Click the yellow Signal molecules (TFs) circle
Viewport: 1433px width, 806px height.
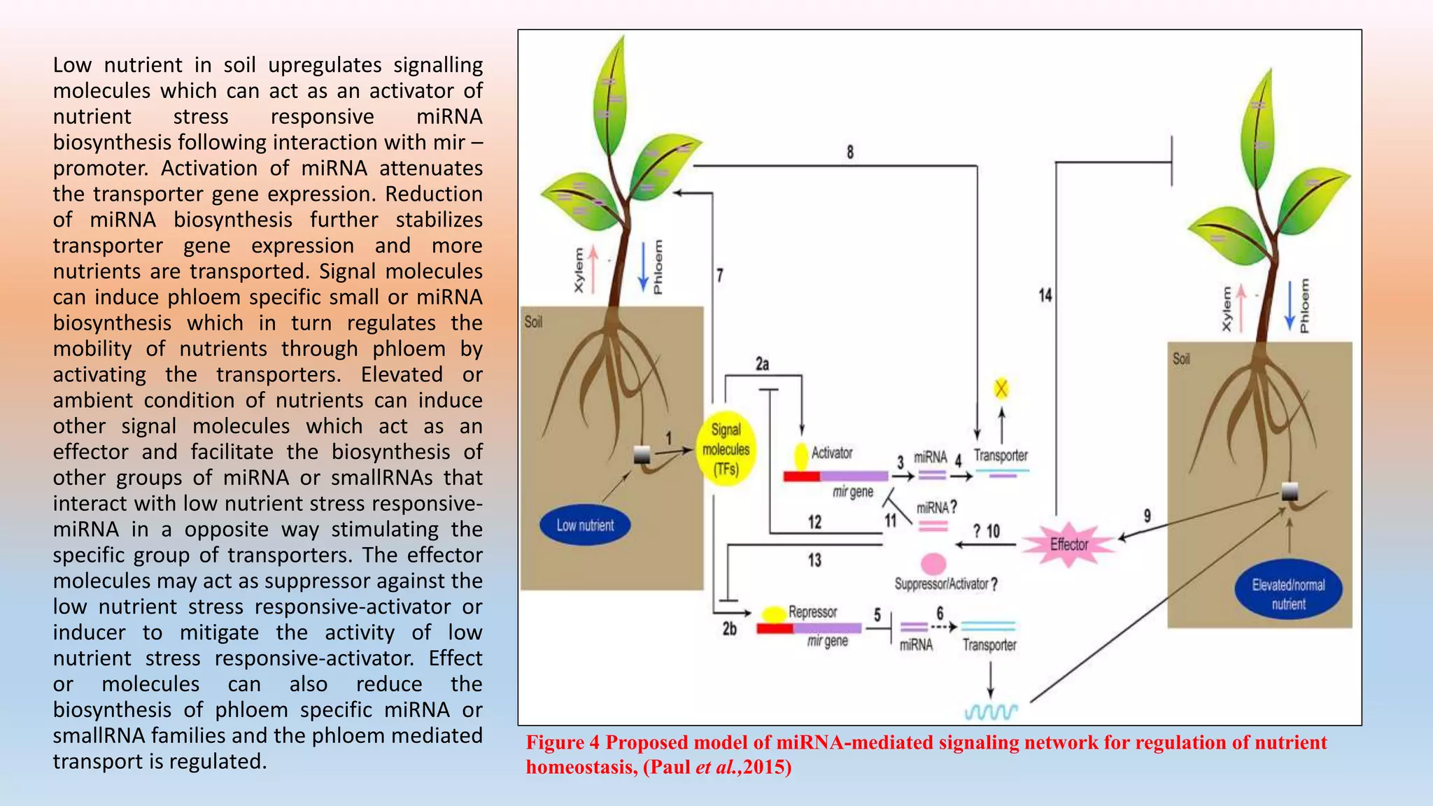click(x=726, y=449)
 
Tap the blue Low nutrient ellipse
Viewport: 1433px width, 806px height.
click(x=584, y=525)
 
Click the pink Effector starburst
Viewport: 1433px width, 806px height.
click(x=1068, y=544)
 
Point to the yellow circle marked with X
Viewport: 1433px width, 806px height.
click(x=1001, y=388)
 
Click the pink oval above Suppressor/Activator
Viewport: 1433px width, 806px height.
click(x=933, y=563)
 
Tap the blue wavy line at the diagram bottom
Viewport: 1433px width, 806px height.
click(x=991, y=712)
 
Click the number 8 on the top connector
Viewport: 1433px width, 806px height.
click(x=850, y=152)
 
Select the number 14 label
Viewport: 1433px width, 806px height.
click(x=1045, y=295)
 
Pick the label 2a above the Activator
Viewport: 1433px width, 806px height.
click(x=762, y=364)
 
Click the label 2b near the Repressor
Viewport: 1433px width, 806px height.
click(x=729, y=629)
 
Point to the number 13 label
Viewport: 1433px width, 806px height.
click(x=814, y=560)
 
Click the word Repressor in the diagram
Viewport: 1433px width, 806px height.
click(x=812, y=611)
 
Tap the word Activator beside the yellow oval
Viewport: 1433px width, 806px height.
click(x=831, y=453)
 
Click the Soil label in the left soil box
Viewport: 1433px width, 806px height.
click(x=533, y=322)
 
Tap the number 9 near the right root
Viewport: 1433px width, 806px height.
click(x=1147, y=516)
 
